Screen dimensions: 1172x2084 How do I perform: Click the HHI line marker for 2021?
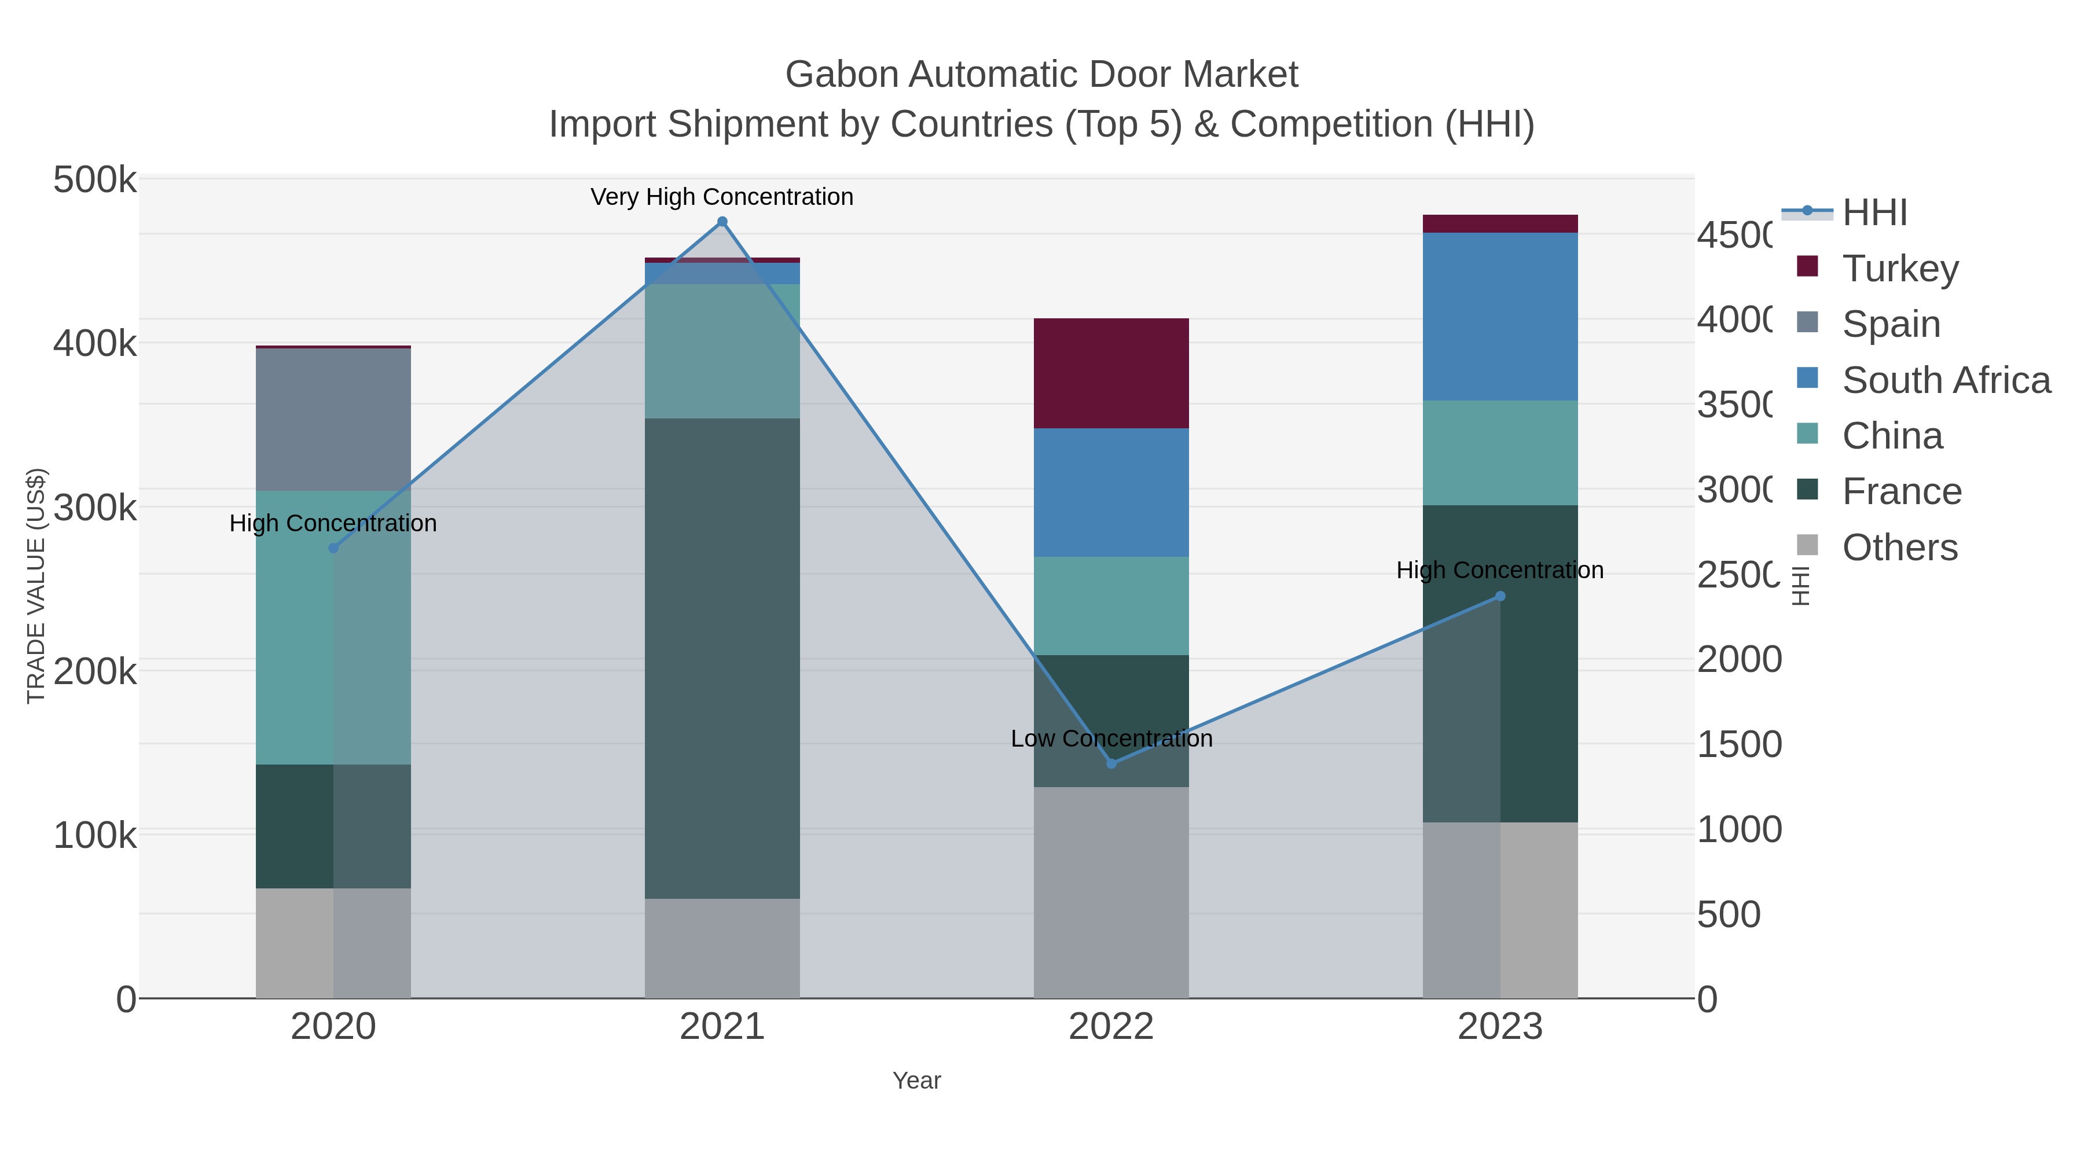pos(722,222)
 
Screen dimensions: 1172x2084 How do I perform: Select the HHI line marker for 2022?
pos(1111,763)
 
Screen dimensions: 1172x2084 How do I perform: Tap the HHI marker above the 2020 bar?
pos(333,549)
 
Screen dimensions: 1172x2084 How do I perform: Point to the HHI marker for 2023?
pos(1500,596)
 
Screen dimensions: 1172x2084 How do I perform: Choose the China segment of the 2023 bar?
pos(1500,453)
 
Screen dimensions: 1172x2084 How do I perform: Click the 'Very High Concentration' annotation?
pos(722,197)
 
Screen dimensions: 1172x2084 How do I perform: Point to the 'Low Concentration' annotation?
pos(1111,739)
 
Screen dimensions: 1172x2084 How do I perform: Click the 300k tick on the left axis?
pos(94,508)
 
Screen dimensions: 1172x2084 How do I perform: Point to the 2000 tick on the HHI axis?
pos(1738,659)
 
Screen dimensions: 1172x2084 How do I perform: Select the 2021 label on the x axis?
pos(722,1027)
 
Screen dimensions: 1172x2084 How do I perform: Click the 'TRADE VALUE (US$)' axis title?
pos(35,586)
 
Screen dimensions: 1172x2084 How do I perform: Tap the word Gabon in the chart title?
pos(841,75)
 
